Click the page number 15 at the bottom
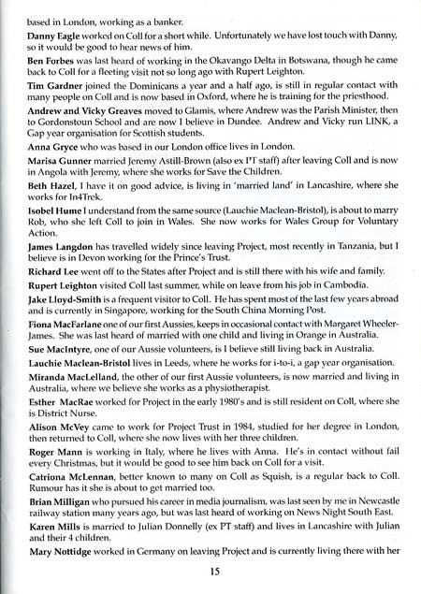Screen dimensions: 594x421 (x=210, y=571)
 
